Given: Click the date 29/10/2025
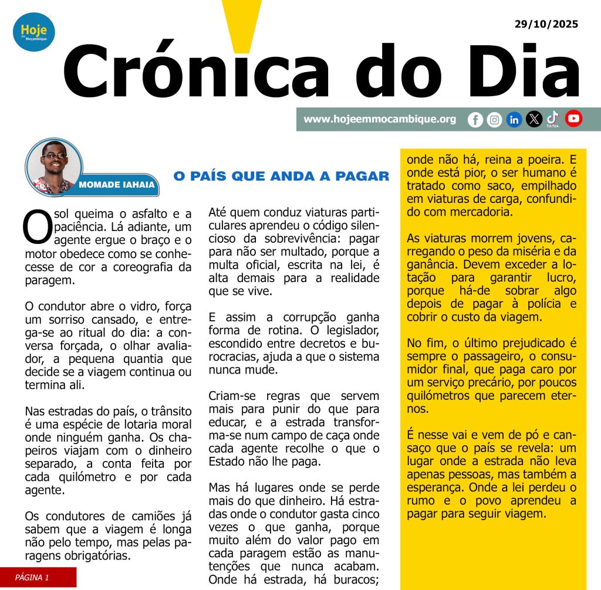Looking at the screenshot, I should tap(546, 24).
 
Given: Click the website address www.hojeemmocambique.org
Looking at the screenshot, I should tap(380, 119).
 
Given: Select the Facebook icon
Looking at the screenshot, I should tap(475, 120).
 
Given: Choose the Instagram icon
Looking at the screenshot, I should tap(495, 120).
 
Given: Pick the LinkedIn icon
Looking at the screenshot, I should tap(514, 120).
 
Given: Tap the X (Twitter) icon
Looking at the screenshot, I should tap(534, 120).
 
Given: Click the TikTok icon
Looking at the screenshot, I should tap(553, 118).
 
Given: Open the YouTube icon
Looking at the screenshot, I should tap(573, 119).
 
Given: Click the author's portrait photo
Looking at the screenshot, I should tap(54, 166).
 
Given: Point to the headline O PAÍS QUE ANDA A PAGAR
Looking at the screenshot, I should tap(281, 176).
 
